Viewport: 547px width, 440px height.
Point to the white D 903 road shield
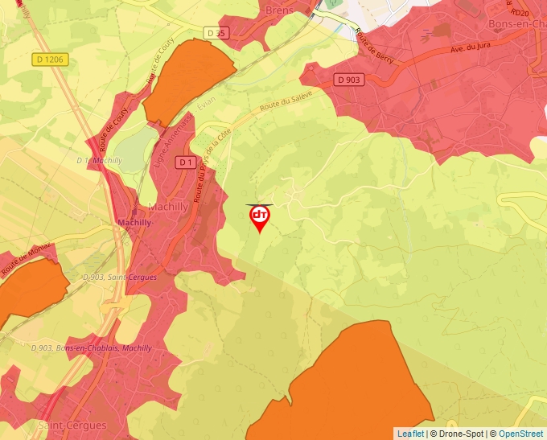click(x=350, y=79)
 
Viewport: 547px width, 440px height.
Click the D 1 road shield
click(x=186, y=162)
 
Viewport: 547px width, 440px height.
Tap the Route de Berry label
click(x=375, y=47)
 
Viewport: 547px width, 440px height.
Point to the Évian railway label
click(x=207, y=105)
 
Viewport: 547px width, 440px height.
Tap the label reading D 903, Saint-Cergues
click(x=120, y=277)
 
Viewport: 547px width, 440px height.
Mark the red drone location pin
click(x=260, y=218)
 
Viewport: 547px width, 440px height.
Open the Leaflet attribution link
click(x=410, y=434)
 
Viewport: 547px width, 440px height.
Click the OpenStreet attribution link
click(x=522, y=434)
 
